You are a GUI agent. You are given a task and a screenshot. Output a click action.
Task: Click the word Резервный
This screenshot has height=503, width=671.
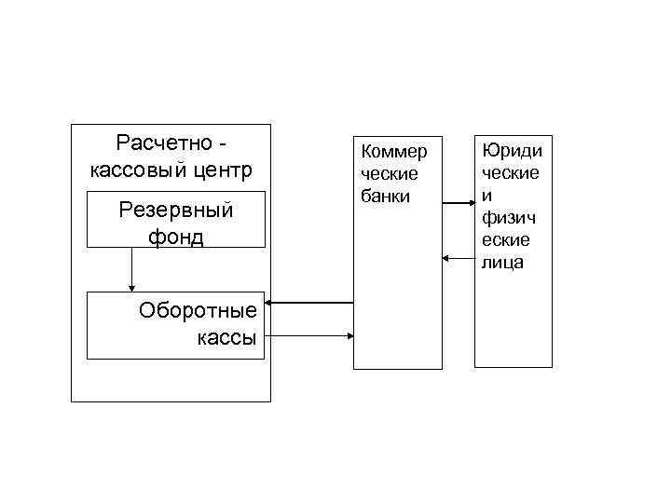(x=175, y=210)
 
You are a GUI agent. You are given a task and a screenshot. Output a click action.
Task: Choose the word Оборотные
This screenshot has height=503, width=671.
(x=197, y=310)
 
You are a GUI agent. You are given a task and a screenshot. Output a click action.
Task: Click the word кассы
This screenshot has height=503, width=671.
(x=226, y=337)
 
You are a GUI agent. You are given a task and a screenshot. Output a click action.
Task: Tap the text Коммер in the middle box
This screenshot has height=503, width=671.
(x=393, y=152)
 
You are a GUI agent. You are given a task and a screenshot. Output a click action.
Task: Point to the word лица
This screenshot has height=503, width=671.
(x=502, y=263)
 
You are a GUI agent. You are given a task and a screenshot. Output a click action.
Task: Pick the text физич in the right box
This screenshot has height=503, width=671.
(x=505, y=218)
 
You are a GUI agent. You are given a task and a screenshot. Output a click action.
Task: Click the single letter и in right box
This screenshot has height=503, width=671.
(x=486, y=196)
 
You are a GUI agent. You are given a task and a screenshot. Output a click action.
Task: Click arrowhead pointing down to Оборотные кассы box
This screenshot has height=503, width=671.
(x=132, y=287)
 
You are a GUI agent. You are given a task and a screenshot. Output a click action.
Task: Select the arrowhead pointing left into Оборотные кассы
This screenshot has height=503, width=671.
(x=273, y=303)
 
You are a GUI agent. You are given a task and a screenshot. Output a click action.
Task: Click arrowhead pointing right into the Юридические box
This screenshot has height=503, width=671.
(x=471, y=203)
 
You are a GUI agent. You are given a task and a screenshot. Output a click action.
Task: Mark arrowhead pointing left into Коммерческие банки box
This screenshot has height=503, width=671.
(x=446, y=257)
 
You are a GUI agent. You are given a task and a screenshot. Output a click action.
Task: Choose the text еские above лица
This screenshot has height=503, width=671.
(x=506, y=240)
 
